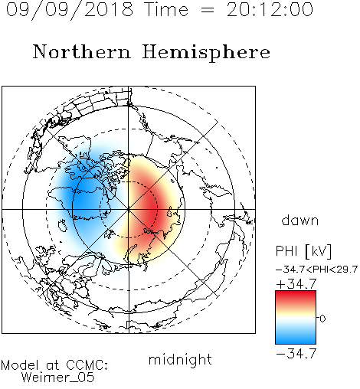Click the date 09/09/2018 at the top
[x=70, y=10]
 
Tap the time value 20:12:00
[x=270, y=10]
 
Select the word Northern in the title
[x=82, y=51]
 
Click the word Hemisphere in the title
[x=206, y=52]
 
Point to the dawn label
[x=300, y=221]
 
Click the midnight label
[x=180, y=360]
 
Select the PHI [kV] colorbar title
[x=303, y=251]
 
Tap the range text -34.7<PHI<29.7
[x=316, y=270]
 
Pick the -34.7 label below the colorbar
[x=296, y=354]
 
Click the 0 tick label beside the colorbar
[x=322, y=319]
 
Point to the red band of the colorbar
[x=296, y=297]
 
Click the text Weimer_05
[x=57, y=378]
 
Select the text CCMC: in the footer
[x=87, y=365]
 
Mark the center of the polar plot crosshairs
[x=129, y=210]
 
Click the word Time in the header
[x=166, y=10]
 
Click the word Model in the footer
[x=20, y=365]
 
